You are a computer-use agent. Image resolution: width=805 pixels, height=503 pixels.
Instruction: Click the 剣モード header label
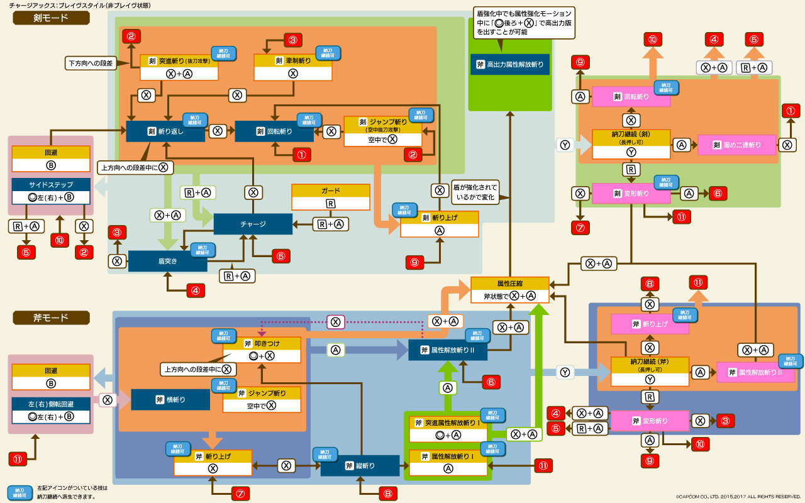[x=51, y=18]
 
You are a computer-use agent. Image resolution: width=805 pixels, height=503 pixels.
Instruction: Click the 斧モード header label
[x=51, y=318]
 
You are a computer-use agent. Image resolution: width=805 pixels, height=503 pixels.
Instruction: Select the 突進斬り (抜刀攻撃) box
[x=179, y=67]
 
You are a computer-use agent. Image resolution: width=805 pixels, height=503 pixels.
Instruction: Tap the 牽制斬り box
[x=292, y=67]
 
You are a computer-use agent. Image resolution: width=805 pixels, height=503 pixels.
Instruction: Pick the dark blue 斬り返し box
[x=165, y=131]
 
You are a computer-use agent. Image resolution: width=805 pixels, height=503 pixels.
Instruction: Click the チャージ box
[x=253, y=224]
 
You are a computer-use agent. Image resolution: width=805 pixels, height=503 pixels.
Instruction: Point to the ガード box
[x=330, y=197]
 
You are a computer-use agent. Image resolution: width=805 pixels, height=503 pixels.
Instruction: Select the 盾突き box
[x=167, y=261]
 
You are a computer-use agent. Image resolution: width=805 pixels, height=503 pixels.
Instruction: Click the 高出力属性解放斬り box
[x=509, y=64]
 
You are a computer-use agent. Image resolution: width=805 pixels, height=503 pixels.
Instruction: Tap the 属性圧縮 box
[x=509, y=290]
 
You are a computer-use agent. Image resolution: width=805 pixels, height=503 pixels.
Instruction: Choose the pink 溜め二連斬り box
[x=737, y=145]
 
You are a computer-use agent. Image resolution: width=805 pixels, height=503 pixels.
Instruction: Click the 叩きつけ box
[x=262, y=350]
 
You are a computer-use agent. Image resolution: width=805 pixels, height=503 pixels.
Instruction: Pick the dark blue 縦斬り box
[x=360, y=466]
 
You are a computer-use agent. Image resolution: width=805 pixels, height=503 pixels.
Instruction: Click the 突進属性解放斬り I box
[x=448, y=428]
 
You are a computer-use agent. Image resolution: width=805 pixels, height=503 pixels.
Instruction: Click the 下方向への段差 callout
[x=91, y=63]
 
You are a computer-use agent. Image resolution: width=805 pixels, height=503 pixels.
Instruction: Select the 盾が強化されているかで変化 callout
[x=475, y=192]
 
